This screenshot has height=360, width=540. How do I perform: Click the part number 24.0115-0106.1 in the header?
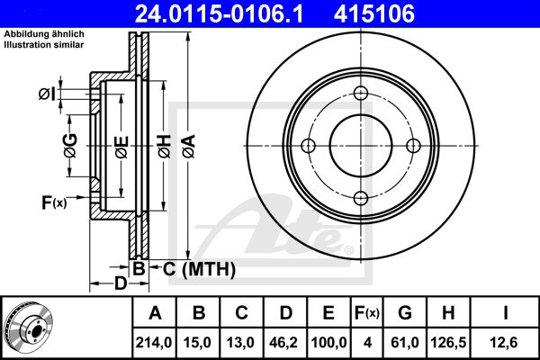[x=219, y=13]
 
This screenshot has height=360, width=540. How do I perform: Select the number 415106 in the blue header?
[x=374, y=13]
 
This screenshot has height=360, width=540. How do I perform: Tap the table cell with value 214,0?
[x=154, y=343]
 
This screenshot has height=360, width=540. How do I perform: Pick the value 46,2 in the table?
[x=284, y=343]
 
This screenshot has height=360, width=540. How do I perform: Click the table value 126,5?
[x=448, y=343]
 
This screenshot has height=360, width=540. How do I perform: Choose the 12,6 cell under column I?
[x=505, y=343]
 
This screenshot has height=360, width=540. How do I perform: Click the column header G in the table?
[x=405, y=313]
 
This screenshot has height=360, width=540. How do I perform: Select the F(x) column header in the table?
[x=367, y=313]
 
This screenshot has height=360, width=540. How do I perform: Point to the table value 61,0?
[x=405, y=343]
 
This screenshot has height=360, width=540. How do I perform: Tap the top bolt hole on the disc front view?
[x=361, y=93]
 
